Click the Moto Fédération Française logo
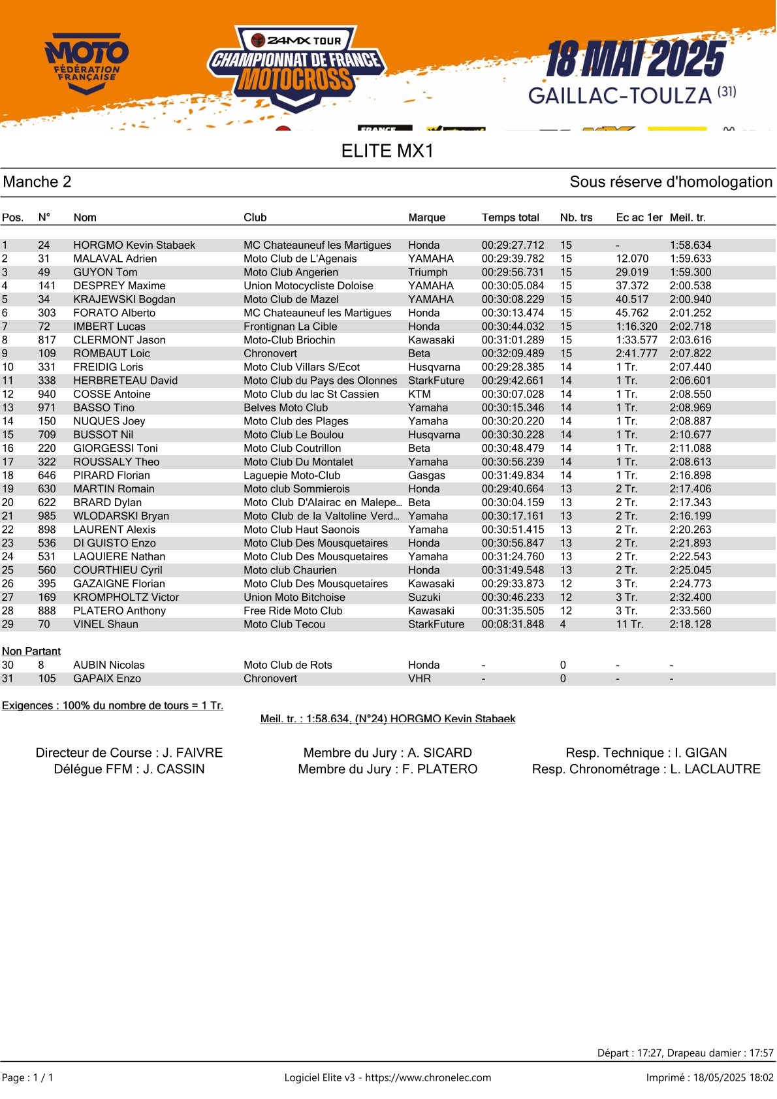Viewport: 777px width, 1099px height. pyautogui.click(x=86, y=63)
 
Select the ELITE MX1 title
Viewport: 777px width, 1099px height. pyautogui.click(x=387, y=151)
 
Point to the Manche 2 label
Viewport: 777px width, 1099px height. pyautogui.click(x=37, y=182)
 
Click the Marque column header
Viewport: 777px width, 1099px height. pyautogui.click(x=426, y=217)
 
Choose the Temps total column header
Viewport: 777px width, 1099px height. pyautogui.click(x=510, y=217)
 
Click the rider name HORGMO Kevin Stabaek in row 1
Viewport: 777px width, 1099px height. pyautogui.click(x=134, y=246)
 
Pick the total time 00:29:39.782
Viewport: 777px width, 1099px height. pyautogui.click(x=513, y=259)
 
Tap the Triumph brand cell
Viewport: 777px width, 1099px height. pyautogui.click(x=428, y=272)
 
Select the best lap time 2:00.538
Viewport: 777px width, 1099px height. pyautogui.click(x=690, y=286)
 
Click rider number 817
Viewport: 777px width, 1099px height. pyautogui.click(x=47, y=340)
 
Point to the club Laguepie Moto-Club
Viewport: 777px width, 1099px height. pyautogui.click(x=292, y=475)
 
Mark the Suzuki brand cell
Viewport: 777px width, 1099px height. pyautogui.click(x=424, y=597)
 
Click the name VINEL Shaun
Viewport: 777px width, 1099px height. pyautogui.click(x=106, y=624)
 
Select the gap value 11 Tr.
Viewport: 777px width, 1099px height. pyautogui.click(x=629, y=624)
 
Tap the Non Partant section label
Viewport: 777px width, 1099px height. pyautogui.click(x=31, y=651)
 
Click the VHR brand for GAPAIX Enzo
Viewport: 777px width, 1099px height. pyautogui.click(x=419, y=678)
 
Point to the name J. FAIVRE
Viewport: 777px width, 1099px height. pyautogui.click(x=193, y=753)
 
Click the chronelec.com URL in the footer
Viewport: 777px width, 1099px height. pyautogui.click(x=428, y=1077)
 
